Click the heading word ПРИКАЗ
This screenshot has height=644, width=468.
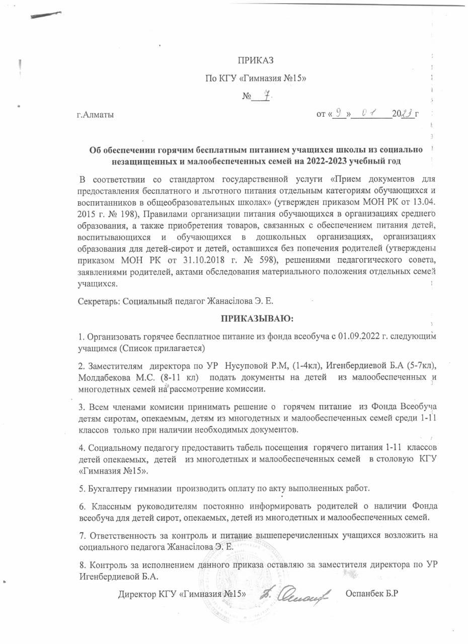tap(256, 61)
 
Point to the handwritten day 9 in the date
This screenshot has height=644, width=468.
tap(340, 114)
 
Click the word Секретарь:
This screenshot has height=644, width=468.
tap(99, 300)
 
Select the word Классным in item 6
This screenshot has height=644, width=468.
tap(109, 506)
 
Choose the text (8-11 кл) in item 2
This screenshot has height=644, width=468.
tap(182, 377)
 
